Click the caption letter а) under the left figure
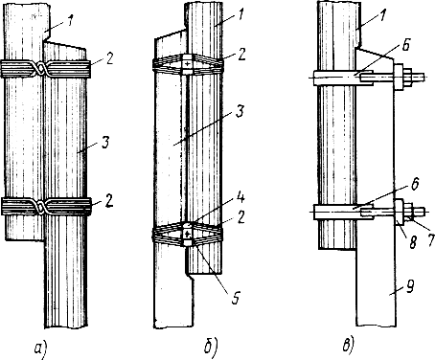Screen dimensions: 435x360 click(x=41, y=349)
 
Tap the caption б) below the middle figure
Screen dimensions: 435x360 click(x=211, y=348)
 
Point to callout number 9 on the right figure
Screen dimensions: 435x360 click(x=409, y=286)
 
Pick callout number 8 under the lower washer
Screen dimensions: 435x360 click(x=413, y=242)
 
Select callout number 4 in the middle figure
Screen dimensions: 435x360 click(x=240, y=197)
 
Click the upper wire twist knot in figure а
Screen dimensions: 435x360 click(x=41, y=68)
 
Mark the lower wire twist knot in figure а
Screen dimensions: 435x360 click(x=41, y=207)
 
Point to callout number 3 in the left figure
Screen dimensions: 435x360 click(x=105, y=142)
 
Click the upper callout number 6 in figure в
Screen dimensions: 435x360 click(x=405, y=46)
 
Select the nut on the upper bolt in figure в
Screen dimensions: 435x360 click(x=408, y=78)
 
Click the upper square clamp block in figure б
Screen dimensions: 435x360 click(x=188, y=64)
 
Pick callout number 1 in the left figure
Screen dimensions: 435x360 click(x=70, y=22)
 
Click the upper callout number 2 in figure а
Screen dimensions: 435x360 click(x=109, y=59)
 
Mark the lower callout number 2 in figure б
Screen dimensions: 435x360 click(x=240, y=217)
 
